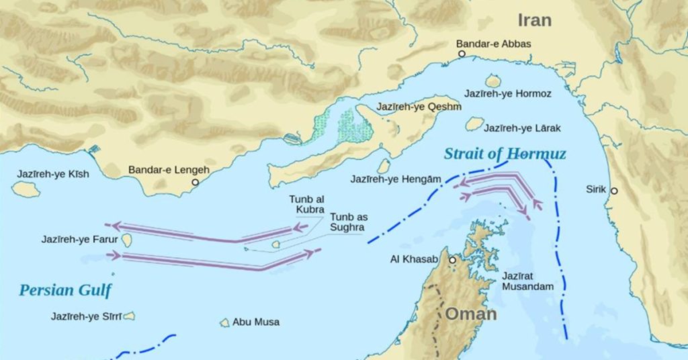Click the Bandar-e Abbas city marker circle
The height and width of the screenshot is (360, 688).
[462, 53]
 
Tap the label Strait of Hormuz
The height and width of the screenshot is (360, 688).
[505, 154]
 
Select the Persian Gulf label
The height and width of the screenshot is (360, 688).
[65, 290]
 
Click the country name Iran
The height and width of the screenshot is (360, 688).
[535, 19]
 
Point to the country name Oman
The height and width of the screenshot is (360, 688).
[471, 314]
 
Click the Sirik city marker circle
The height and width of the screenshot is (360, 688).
[614, 191]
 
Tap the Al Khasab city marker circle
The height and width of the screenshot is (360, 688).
[453, 260]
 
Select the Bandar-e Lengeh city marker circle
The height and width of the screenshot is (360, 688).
[196, 182]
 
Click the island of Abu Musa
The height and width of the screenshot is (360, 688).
[224, 322]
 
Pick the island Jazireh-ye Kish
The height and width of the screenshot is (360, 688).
[26, 189]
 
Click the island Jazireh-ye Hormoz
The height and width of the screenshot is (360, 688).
[493, 81]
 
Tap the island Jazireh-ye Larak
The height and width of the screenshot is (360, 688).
[474, 124]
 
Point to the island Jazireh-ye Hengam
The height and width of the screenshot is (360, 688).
[384, 166]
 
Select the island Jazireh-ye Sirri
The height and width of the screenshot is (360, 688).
[128, 316]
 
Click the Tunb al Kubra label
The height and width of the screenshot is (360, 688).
[306, 204]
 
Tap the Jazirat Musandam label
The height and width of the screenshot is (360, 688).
[527, 281]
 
